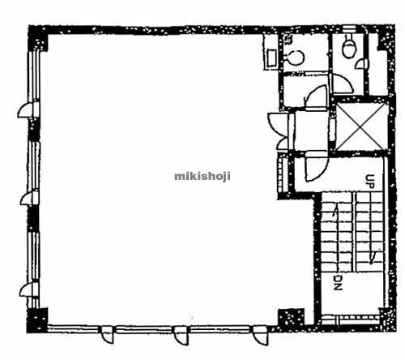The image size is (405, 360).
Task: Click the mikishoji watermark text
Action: coord(202,177)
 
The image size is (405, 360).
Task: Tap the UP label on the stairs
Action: coord(370,180)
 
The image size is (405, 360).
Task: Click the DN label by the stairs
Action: coord(338,283)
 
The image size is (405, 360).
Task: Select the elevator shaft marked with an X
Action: coord(361,126)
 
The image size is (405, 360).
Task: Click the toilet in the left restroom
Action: coord(295,58)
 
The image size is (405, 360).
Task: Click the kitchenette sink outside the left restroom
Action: coord(271,58)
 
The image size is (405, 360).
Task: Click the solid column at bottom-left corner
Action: coord(37,320)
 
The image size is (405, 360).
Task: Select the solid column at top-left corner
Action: coord(38,38)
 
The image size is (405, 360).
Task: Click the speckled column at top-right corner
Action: coord(386,38)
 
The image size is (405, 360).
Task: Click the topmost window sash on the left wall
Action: coord(34,77)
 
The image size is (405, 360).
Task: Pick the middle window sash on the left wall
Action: coord(34,167)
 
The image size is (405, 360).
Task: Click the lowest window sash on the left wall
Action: coord(34,257)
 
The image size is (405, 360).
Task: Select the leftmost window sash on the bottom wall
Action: coord(73,329)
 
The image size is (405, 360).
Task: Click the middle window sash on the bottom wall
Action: coord(144,329)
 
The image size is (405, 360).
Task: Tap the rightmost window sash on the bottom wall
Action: coord(220,329)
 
